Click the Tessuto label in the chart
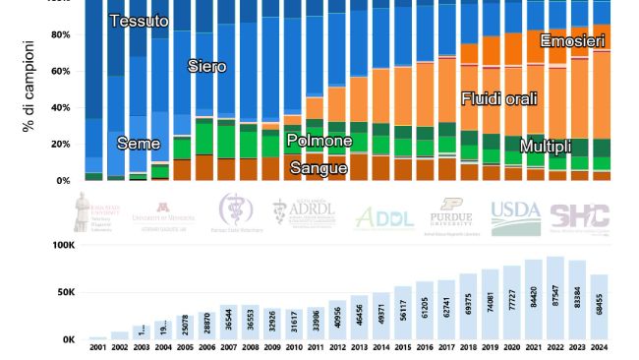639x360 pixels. click(x=139, y=21)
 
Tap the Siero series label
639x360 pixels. click(x=207, y=67)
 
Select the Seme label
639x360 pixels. click(x=139, y=144)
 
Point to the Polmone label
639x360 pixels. click(x=319, y=141)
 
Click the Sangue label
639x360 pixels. click(x=319, y=168)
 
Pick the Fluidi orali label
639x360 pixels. click(x=499, y=98)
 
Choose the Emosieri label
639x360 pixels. click(x=572, y=40)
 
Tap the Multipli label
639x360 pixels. click(x=546, y=147)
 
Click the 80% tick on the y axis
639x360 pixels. click(x=61, y=35)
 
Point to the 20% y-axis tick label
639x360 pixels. click(x=61, y=145)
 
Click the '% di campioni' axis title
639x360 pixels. click(x=29, y=87)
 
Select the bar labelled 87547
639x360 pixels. click(x=554, y=299)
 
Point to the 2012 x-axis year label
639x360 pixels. click(x=338, y=347)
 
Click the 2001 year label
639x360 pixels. click(x=98, y=347)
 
